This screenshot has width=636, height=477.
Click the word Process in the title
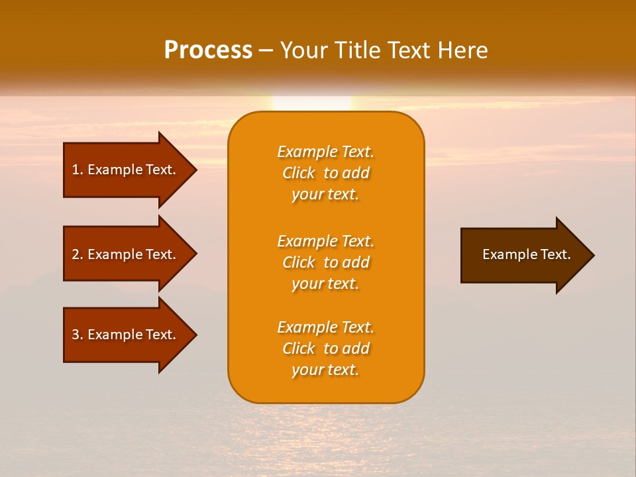coord(208,50)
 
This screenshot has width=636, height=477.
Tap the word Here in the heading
coord(462,50)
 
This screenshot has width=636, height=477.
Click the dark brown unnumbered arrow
coord(523,255)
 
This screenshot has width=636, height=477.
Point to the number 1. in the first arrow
coord(78,170)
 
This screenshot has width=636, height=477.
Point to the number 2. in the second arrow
coord(78,254)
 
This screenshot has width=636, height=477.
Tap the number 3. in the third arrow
coord(78,335)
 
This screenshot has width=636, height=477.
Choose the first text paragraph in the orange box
coord(325,173)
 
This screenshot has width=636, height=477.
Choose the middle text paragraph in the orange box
coord(325,262)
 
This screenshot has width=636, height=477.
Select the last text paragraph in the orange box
coord(325,348)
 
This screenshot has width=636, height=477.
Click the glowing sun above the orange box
coord(311,103)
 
